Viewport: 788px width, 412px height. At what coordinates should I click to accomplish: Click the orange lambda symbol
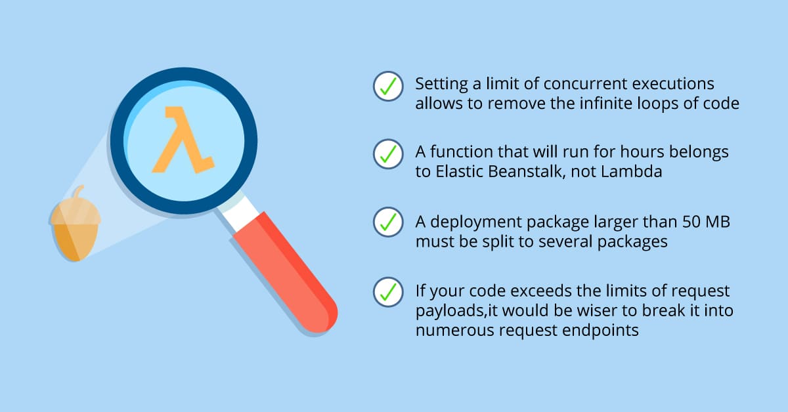pos(183,140)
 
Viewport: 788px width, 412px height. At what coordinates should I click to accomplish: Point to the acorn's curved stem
pos(79,192)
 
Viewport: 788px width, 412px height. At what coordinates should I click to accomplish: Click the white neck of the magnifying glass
pos(238,212)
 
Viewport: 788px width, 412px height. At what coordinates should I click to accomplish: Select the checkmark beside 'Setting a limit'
pos(388,86)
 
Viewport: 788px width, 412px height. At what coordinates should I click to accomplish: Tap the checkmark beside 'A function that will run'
pos(388,154)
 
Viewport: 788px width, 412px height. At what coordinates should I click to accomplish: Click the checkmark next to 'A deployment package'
pos(388,222)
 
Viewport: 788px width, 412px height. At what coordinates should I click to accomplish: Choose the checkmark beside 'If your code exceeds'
pos(388,292)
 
